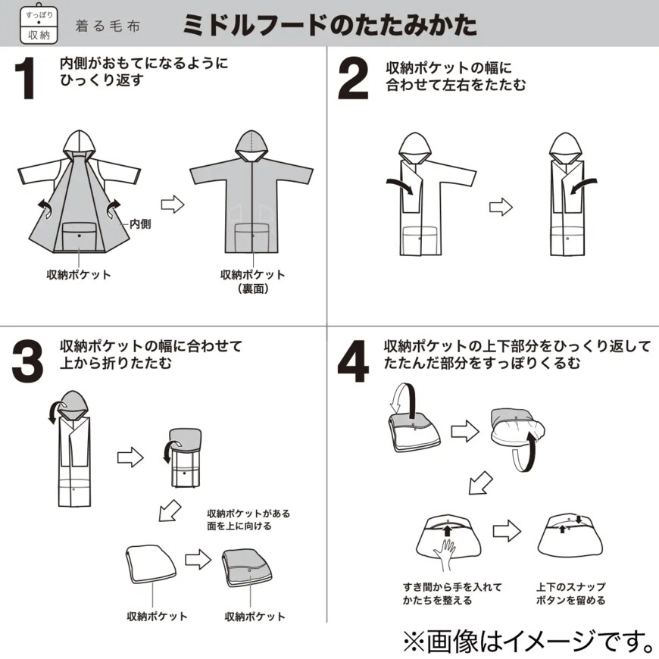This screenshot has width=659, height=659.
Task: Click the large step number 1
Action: (x=27, y=80)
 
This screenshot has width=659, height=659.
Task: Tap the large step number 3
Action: (x=27, y=362)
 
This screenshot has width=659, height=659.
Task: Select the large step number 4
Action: (x=352, y=362)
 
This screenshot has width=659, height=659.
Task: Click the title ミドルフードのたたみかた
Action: (x=329, y=24)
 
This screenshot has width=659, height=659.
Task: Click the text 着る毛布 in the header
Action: (x=107, y=26)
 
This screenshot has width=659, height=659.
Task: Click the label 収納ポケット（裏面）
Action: (x=252, y=281)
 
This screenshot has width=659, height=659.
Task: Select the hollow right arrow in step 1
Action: (x=173, y=204)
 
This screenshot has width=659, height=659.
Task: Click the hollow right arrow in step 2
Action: (x=501, y=206)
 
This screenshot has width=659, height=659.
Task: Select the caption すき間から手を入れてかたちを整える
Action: (x=451, y=593)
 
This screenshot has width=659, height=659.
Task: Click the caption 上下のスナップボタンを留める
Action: (x=570, y=593)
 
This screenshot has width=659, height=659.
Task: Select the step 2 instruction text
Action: (x=455, y=77)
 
